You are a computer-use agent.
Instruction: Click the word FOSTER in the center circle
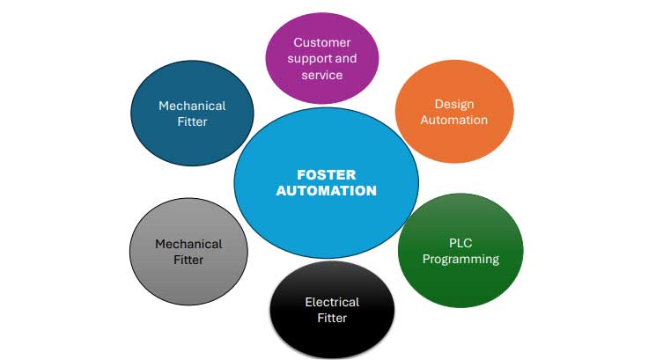(326, 173)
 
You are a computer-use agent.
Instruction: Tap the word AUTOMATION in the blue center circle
(326, 190)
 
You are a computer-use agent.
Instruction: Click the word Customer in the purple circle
(322, 42)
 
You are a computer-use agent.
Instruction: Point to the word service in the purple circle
(322, 75)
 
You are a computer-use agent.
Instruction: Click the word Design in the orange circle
(454, 103)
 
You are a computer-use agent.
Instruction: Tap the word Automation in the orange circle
(454, 120)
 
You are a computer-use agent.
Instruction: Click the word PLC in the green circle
(460, 242)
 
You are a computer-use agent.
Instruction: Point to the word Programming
(460, 259)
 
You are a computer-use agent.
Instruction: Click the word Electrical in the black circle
(332, 302)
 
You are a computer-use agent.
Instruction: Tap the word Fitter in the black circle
(332, 318)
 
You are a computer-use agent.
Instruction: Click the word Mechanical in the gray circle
(188, 244)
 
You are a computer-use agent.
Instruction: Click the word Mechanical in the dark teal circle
(192, 106)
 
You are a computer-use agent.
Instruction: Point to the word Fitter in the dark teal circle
(192, 121)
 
